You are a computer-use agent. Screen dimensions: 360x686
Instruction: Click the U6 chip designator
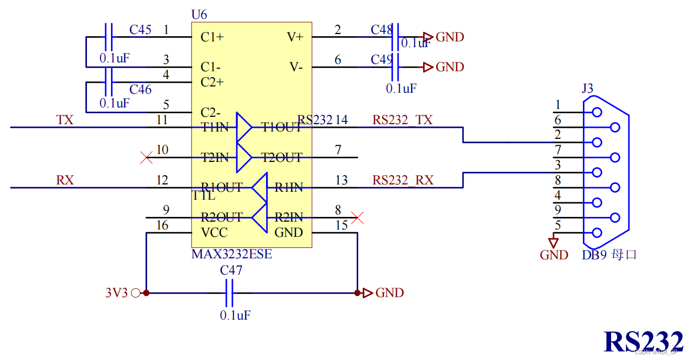click(x=200, y=14)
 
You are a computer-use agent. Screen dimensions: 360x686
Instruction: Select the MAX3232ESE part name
click(x=231, y=255)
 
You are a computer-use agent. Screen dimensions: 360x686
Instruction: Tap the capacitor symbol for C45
click(x=108, y=37)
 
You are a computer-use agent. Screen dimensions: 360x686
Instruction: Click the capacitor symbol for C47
click(x=229, y=293)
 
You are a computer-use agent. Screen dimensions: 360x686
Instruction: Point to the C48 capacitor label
click(x=381, y=30)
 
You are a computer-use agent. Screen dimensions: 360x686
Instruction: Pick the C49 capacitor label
click(x=381, y=60)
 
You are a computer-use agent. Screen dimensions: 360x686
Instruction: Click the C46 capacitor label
click(x=140, y=90)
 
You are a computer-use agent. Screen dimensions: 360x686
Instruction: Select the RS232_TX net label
click(x=403, y=120)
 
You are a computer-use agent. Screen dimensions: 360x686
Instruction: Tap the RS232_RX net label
click(x=403, y=180)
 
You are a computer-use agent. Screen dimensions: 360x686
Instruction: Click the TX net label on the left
click(x=65, y=120)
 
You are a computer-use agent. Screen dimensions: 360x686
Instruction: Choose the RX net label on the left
click(x=65, y=180)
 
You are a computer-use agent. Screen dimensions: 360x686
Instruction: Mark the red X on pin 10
click(x=147, y=157)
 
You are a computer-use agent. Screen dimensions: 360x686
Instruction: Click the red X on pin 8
click(x=358, y=217)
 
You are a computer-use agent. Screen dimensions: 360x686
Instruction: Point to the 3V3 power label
click(x=116, y=293)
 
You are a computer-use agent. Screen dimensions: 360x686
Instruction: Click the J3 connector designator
click(x=588, y=88)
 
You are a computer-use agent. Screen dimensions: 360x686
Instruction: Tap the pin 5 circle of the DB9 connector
click(x=596, y=233)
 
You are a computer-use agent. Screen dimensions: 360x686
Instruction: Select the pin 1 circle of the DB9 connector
click(x=596, y=112)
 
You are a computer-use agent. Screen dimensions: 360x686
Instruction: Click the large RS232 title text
click(x=643, y=341)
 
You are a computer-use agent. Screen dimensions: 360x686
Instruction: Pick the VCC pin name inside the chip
click(x=214, y=233)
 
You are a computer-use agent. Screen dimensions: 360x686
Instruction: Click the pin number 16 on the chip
click(x=162, y=226)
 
